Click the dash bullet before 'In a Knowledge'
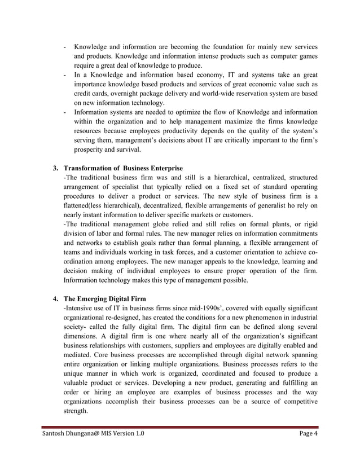coord(67,74)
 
